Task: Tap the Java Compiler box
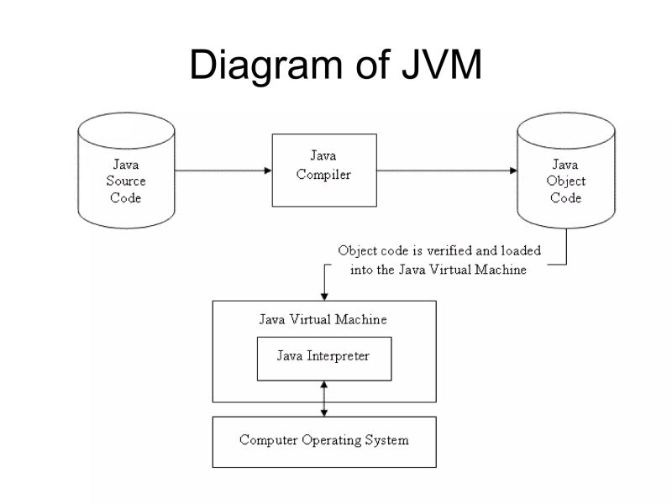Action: [x=323, y=169]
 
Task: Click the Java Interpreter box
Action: [x=323, y=357]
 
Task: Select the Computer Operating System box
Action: [x=323, y=440]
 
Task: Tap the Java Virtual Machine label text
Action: [x=323, y=320]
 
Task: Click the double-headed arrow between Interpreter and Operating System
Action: [x=324, y=398]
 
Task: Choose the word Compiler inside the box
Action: [x=323, y=175]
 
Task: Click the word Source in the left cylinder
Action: [x=126, y=181]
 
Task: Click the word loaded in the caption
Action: [x=521, y=250]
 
